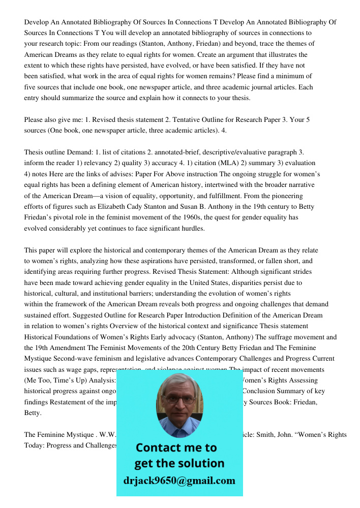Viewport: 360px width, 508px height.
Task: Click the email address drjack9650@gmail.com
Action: point(179,481)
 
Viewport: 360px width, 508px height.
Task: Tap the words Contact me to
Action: point(176,448)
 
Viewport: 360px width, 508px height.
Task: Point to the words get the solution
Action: point(179,463)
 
